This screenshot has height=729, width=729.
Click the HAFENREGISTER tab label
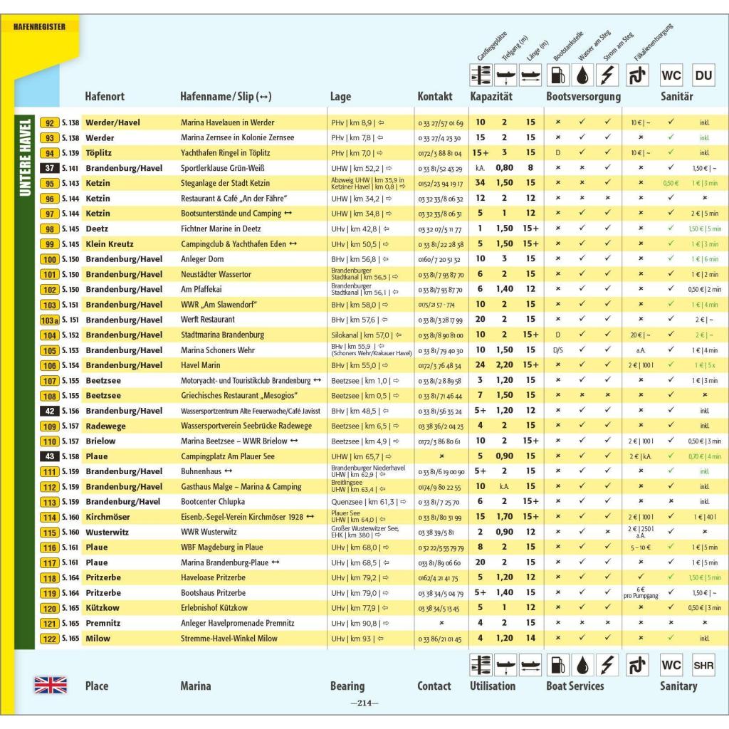coord(40,27)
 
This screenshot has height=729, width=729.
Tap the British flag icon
coord(51,686)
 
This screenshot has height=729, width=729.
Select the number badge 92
coord(50,122)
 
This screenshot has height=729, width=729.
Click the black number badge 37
coord(50,168)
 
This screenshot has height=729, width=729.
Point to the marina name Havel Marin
coord(201,365)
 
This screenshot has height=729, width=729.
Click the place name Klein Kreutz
coord(108,244)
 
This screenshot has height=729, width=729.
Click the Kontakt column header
coord(435,97)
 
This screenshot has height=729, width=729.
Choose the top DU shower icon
coord(703,75)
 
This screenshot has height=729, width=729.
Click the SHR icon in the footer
coord(703,666)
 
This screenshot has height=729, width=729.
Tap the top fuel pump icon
coord(558,75)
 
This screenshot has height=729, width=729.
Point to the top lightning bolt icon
coord(608,75)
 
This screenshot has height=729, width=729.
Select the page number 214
coord(364,703)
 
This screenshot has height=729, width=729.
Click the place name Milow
coord(98,639)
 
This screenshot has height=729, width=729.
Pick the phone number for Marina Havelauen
coord(441,123)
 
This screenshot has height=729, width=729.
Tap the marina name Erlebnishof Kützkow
coord(214,608)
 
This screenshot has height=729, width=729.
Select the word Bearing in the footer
coord(347,686)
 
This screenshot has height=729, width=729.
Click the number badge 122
coord(50,639)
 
